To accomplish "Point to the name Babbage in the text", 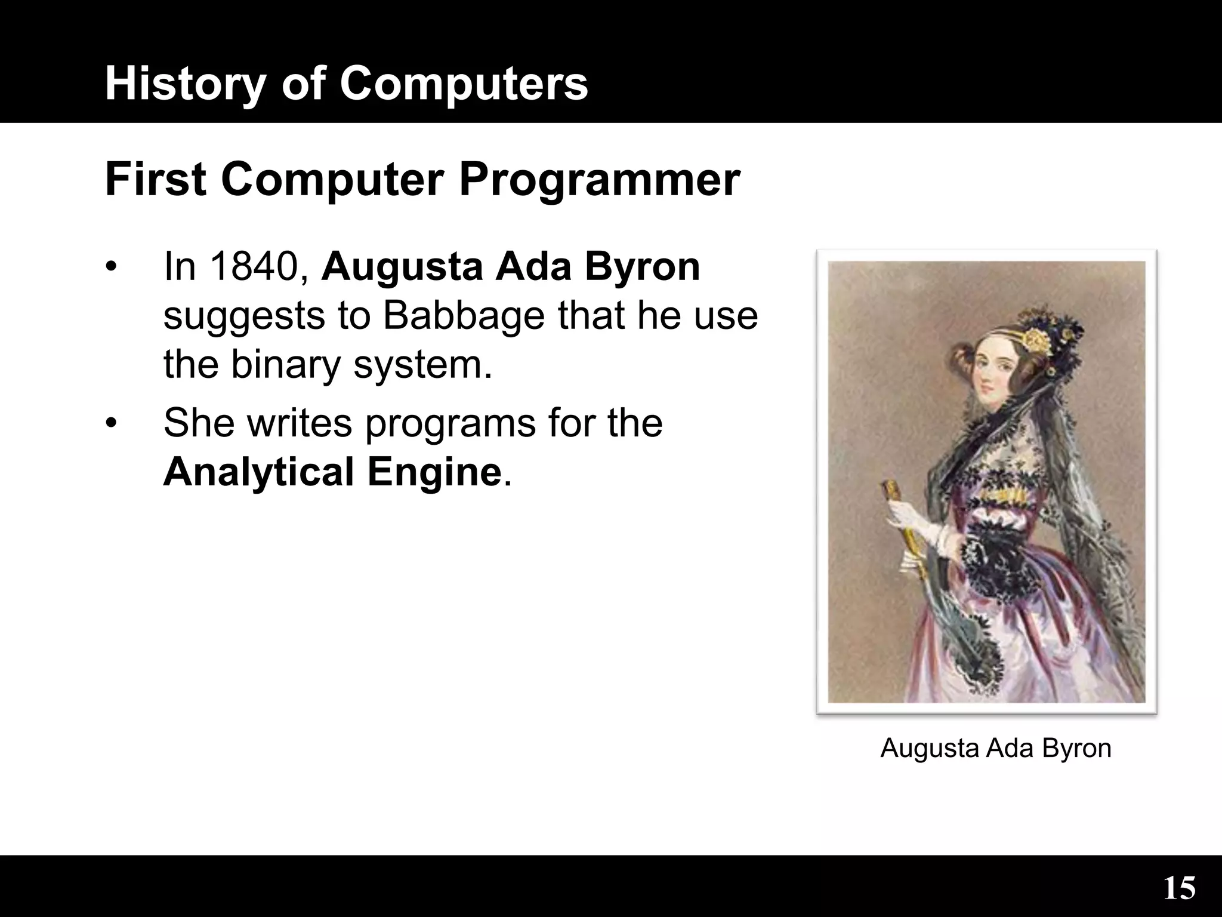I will [464, 316].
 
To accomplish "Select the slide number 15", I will [1179, 888].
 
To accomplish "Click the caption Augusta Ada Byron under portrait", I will [996, 748].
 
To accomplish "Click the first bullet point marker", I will [110, 267].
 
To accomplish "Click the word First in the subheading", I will [156, 180].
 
